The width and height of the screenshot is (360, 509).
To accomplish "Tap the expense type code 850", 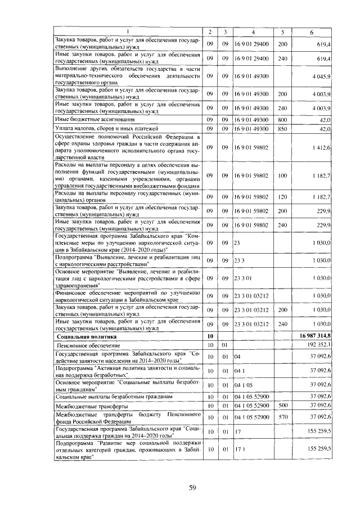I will point(282,129).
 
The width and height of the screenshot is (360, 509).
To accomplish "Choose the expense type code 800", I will point(282,120).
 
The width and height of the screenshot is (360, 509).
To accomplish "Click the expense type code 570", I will point(282,417).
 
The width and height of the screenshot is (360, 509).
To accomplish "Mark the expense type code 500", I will point(282,405).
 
